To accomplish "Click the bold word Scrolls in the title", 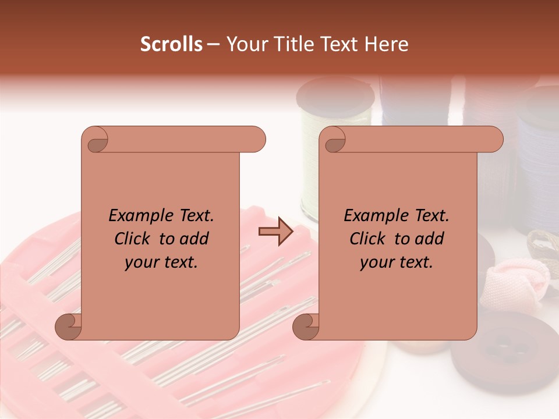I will tap(172, 44).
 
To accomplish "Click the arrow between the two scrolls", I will tap(276, 232).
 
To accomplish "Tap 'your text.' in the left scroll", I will tap(161, 262).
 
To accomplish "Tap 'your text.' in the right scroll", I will tap(397, 262).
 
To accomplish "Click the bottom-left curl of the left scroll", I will tap(69, 326).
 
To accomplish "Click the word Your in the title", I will tap(246, 44).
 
